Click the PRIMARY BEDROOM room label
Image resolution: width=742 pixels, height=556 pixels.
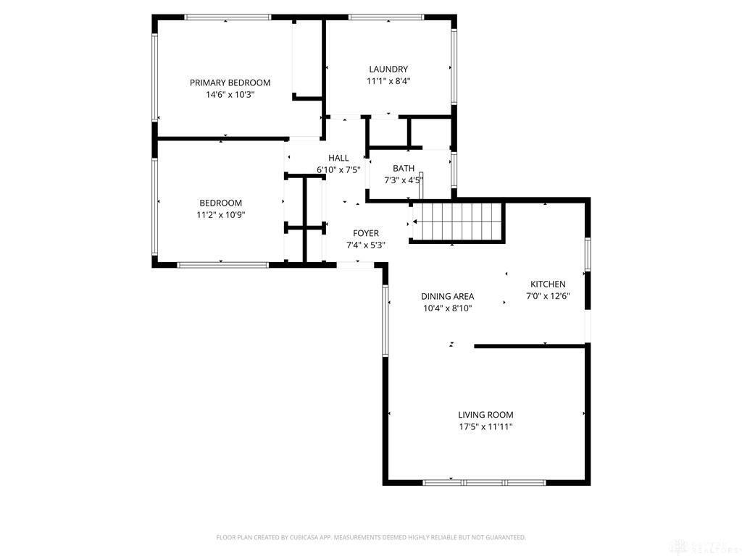point(230,83)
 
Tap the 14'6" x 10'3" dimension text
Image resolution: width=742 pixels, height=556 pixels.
point(230,95)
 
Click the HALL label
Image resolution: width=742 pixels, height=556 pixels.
point(338,158)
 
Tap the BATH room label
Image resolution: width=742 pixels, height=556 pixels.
point(404,169)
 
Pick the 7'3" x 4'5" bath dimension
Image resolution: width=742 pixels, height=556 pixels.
point(404,180)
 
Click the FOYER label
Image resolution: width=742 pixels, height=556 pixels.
point(366,233)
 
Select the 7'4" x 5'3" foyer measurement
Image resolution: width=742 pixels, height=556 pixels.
point(366,245)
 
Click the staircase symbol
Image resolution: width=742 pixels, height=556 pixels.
point(457,221)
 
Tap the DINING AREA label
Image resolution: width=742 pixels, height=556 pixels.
point(448,296)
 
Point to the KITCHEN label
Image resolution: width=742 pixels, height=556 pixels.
point(548,285)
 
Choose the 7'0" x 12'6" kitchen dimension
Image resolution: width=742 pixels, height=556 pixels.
point(548,296)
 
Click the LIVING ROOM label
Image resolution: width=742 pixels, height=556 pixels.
point(485,415)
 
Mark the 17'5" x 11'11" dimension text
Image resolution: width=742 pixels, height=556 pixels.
point(485,427)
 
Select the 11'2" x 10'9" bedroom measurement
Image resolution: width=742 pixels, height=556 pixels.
point(221,215)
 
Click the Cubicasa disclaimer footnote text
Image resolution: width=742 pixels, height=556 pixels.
point(371,537)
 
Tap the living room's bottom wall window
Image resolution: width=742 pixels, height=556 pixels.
point(484,482)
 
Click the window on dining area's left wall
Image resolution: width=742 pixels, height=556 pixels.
point(385,320)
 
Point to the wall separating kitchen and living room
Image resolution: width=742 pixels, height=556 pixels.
point(530,346)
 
